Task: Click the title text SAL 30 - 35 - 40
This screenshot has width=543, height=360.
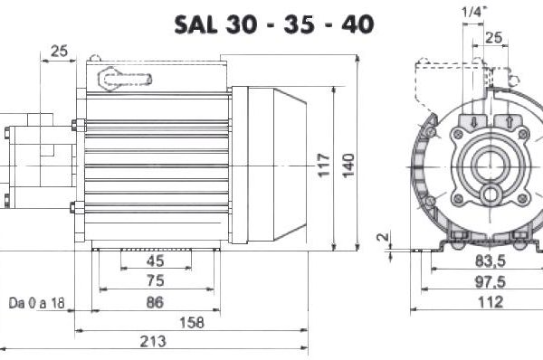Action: pos(274,24)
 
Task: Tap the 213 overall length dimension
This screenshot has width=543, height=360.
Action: pos(153,341)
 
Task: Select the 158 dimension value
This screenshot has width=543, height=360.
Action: pos(192,323)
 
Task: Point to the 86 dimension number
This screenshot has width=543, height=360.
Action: pos(155,302)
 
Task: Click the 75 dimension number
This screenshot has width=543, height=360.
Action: pos(155,280)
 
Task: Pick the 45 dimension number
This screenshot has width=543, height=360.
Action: pos(155,261)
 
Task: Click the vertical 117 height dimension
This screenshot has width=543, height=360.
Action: pos(324,166)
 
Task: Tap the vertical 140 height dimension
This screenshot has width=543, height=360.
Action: pos(348,166)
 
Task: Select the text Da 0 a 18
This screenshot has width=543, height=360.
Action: pos(37,303)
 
